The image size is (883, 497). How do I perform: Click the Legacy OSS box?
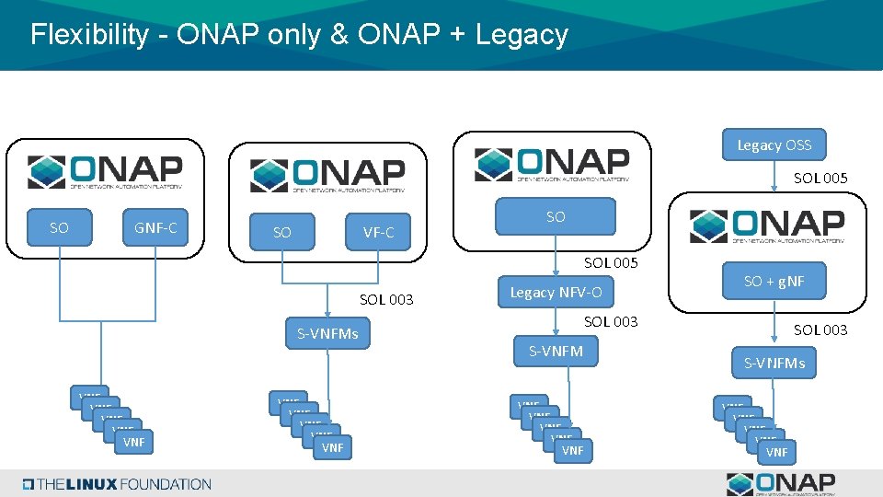point(774,144)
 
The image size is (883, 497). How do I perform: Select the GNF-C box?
point(155,227)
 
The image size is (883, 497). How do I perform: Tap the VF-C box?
point(378,233)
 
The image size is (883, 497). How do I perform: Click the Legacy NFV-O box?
point(556,293)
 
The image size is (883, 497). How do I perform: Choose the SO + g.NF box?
point(774,282)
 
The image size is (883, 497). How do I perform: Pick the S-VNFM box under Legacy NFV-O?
point(556,351)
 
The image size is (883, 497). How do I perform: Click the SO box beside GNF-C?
point(59,227)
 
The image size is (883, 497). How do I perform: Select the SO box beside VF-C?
point(282,233)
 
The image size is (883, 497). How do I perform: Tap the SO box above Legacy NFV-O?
point(556,217)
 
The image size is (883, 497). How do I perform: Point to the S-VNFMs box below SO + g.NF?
point(774,363)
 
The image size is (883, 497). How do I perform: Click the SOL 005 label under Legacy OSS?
point(820,178)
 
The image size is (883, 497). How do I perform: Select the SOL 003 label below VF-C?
point(386,299)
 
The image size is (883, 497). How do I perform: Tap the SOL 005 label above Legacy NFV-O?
point(611,263)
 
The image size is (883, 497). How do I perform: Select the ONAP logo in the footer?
point(781,483)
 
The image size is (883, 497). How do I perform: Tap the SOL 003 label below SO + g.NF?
point(820,329)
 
